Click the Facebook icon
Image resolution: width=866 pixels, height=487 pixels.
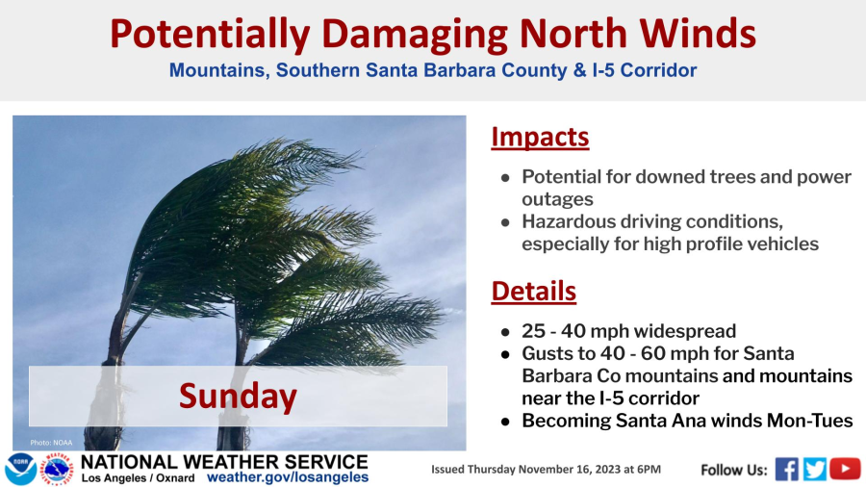[786, 470]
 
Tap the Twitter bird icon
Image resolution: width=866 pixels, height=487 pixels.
[815, 470]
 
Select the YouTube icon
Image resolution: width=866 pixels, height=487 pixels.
[845, 469]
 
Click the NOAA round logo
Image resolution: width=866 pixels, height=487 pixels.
[21, 470]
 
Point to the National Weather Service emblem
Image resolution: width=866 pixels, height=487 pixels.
[58, 470]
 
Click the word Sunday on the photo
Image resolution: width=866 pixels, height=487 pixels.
[238, 396]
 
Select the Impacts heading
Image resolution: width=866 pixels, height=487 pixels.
[540, 137]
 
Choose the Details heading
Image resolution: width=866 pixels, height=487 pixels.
[533, 291]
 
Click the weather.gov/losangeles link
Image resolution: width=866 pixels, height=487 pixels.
[288, 477]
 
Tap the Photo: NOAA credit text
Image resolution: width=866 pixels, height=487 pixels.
[51, 443]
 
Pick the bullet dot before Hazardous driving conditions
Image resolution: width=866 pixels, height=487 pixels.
[505, 222]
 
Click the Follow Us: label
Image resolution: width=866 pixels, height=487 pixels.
[734, 470]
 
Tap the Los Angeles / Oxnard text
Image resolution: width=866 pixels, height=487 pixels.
[138, 478]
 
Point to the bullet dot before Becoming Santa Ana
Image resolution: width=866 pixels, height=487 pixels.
[505, 422]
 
